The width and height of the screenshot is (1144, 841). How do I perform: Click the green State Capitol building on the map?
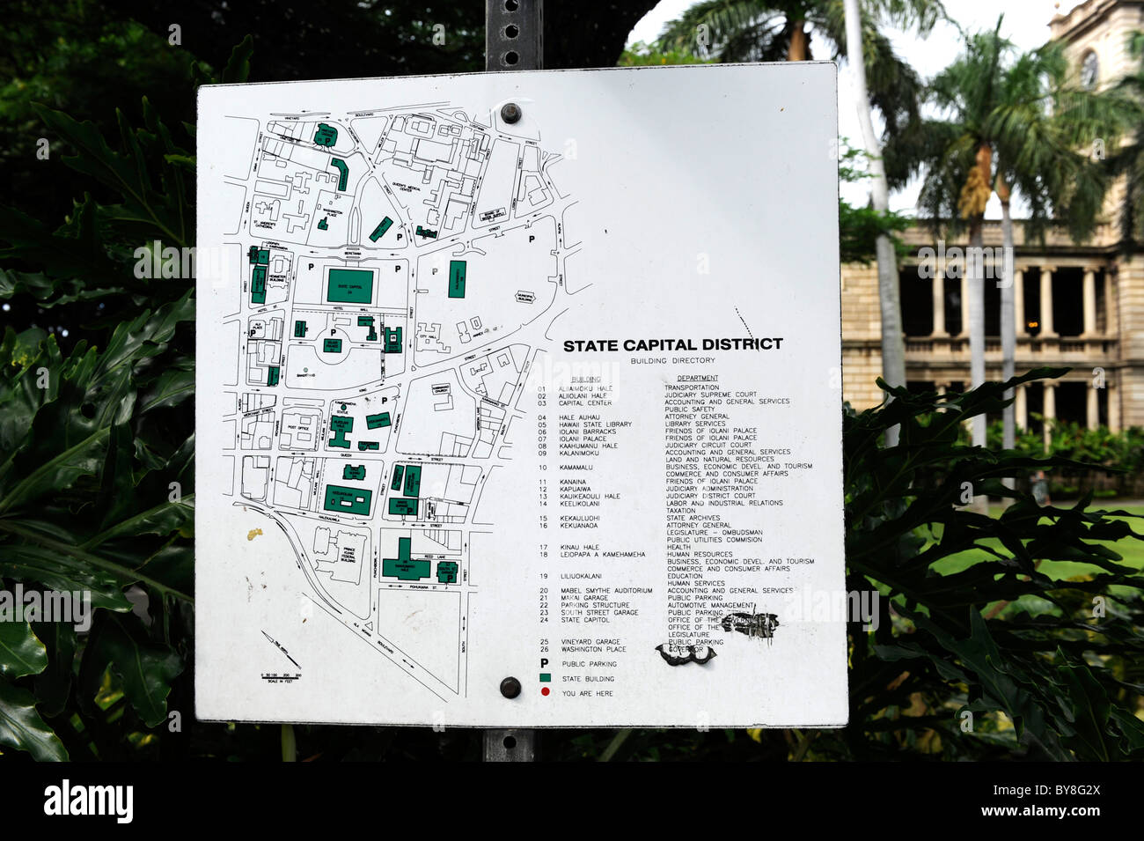[x=350, y=285]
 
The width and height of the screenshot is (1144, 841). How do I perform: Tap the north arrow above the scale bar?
[x=279, y=641]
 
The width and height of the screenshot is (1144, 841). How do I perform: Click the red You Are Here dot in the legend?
[x=545, y=693]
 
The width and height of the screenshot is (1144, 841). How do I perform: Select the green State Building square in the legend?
[x=545, y=678]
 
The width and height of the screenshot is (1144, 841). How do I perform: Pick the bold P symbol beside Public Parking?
[x=545, y=663]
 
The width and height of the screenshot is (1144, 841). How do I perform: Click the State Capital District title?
[x=672, y=345]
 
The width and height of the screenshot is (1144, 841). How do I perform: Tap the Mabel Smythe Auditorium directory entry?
[x=606, y=590]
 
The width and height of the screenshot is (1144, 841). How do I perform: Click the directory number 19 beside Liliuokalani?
[x=542, y=576]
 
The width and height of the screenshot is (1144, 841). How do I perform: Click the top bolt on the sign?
[x=510, y=113]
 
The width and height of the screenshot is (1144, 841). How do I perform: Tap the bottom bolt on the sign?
[x=510, y=687]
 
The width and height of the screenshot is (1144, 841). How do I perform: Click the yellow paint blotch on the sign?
[x=254, y=533]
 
